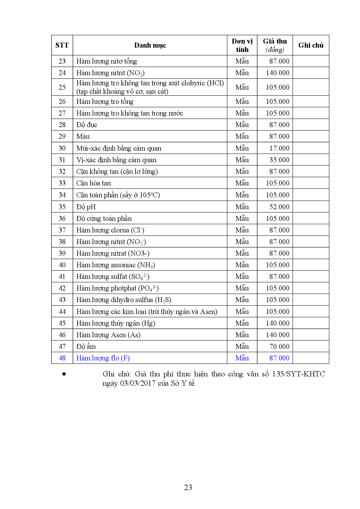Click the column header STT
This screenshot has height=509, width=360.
point(62,45)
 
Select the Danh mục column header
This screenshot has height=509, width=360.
point(150,45)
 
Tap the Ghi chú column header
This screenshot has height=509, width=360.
point(311,45)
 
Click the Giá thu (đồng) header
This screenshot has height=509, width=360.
point(275,45)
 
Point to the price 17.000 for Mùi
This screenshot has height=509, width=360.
point(279,148)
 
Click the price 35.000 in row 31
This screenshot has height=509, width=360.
point(279,160)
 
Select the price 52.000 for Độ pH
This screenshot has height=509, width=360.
point(279,207)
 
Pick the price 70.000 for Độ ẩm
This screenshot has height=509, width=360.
point(279,346)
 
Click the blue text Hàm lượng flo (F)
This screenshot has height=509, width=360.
point(103,358)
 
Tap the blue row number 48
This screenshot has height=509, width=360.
point(62,358)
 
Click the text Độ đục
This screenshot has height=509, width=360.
point(87,125)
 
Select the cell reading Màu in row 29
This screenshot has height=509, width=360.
point(83,136)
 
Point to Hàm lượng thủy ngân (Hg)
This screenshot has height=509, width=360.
point(116,323)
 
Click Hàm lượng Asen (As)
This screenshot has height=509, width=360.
point(108,335)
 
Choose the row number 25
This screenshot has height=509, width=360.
point(62,87)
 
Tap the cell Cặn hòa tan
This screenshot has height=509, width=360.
point(93,183)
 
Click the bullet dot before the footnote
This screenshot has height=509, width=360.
point(64,374)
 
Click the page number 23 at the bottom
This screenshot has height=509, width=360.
point(188,488)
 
